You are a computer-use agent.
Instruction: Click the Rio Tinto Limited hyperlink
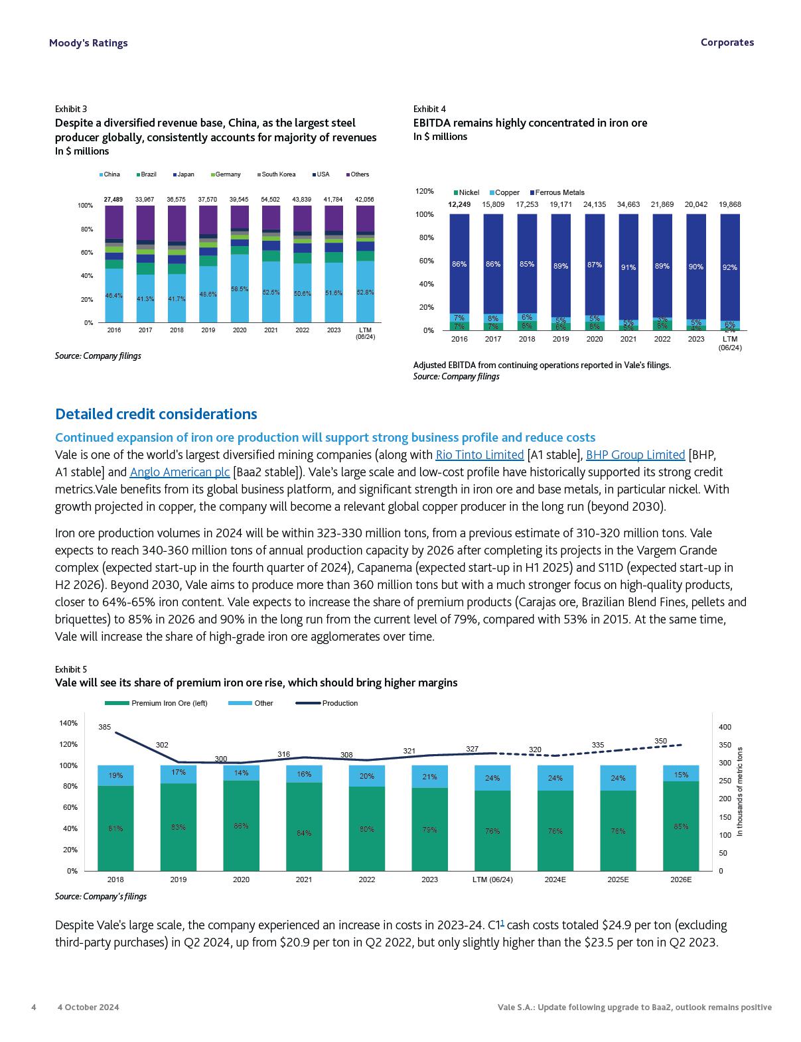coord(479,455)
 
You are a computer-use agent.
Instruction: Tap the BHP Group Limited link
coord(635,455)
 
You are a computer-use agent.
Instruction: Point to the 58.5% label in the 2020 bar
coord(240,289)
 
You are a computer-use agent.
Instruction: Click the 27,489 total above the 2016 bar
coord(113,199)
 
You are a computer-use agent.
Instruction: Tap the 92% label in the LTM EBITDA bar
coord(730,267)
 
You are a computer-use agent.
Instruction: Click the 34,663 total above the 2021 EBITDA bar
coord(628,204)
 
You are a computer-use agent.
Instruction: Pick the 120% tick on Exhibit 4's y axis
coord(425,191)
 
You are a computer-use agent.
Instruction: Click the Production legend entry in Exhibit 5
coord(339,703)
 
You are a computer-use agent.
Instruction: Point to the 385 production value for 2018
coord(105,727)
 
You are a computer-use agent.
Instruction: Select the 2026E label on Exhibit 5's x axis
coord(681,879)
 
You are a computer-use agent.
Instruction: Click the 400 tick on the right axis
coord(725,727)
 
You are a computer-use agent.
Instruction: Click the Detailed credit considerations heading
coord(156,415)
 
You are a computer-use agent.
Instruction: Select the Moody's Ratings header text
coord(88,43)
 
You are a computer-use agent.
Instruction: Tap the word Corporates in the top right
coord(727,42)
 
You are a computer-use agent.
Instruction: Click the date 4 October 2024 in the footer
coord(88,1007)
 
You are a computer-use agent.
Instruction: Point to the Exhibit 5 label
coord(71,669)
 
